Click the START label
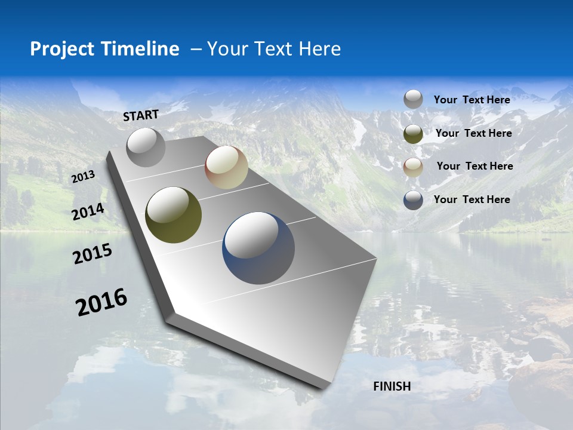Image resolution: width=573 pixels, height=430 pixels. point(141,115)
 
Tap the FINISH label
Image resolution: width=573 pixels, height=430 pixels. point(392,386)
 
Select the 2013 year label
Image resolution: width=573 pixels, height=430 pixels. point(83,177)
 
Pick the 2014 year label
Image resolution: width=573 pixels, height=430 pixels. point(88,212)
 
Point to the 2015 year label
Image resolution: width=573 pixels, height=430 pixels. point(93,254)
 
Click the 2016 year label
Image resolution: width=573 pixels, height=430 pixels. point(101,302)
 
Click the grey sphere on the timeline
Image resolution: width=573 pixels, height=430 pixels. point(146,147)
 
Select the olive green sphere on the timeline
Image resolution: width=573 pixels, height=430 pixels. point(173,215)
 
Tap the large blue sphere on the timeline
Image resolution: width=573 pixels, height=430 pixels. point(258,248)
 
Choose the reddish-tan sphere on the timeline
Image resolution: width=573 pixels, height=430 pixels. point(226,167)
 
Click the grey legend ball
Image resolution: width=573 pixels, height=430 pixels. point(413,100)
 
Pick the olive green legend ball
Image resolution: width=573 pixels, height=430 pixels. point(413,134)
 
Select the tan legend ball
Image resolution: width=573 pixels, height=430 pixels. point(413,167)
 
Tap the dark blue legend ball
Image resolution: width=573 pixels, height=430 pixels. point(413,200)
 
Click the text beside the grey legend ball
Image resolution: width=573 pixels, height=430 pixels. point(472,100)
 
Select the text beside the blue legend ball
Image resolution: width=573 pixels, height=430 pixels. point(472,199)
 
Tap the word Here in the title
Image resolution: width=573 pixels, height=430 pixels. point(319,49)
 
